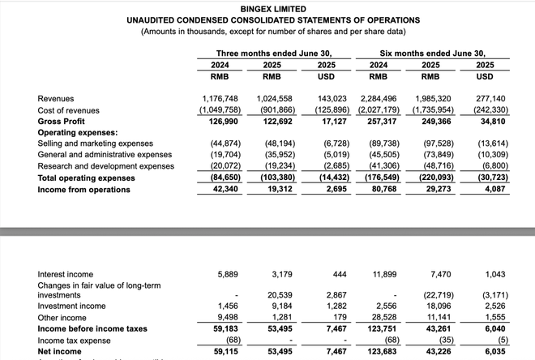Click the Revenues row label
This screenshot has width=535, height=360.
56,98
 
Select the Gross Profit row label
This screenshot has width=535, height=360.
61,121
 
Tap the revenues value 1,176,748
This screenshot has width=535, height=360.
220,98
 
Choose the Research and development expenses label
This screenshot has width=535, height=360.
105,166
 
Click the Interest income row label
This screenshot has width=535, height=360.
65,274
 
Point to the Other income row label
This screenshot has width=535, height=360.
62,317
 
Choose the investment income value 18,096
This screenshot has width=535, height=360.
438,306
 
